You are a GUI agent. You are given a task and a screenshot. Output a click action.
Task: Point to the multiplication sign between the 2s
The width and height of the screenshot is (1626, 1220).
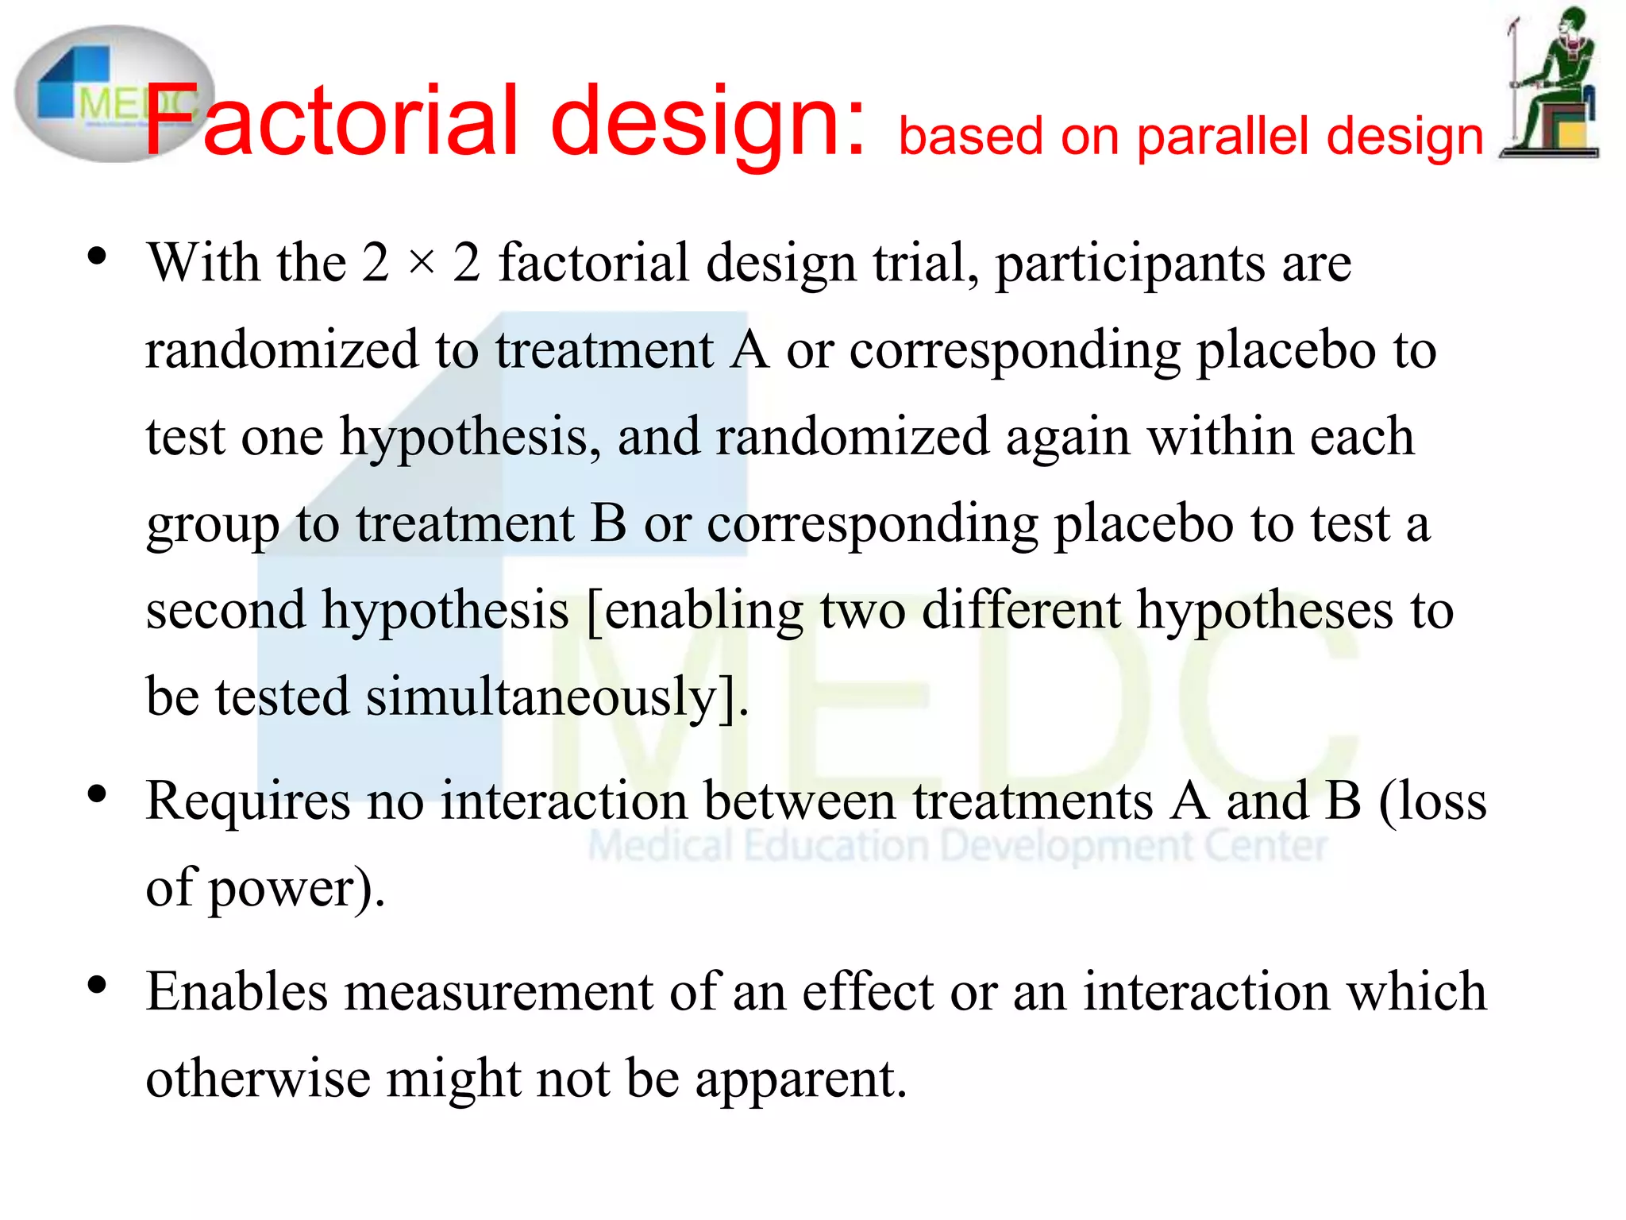(422, 263)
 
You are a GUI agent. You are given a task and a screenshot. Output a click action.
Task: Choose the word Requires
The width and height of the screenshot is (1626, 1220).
(248, 801)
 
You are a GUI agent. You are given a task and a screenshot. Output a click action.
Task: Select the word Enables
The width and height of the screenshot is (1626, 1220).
(237, 992)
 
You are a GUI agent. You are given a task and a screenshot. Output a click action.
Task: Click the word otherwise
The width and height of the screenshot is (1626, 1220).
(258, 1079)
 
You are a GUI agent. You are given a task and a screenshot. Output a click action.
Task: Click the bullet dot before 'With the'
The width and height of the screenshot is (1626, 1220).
(97, 257)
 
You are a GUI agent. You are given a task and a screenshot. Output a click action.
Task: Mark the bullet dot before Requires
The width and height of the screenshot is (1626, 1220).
(97, 794)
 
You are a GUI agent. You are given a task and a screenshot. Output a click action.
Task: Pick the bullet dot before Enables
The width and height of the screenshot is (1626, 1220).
(97, 986)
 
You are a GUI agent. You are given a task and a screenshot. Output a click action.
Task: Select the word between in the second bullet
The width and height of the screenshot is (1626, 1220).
(800, 801)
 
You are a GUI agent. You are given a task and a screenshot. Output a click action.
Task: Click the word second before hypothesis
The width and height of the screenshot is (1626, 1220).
(225, 610)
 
